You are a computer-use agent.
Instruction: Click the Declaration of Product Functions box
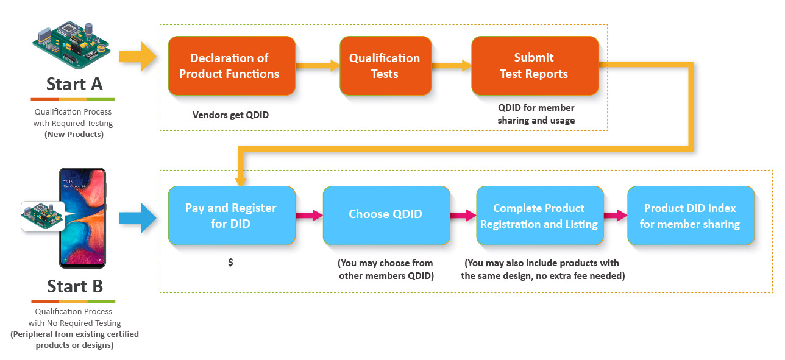point(232,66)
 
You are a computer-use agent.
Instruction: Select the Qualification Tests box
point(385,66)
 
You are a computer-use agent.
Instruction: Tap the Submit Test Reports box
point(535,66)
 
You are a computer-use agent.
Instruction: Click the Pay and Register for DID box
point(232,216)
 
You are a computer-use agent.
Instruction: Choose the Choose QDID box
point(386,216)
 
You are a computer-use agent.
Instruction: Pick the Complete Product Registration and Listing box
point(540,216)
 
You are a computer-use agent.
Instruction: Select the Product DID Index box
point(691,216)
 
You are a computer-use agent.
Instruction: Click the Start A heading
point(74,84)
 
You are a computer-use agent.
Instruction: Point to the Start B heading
point(75,286)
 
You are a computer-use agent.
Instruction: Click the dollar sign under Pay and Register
point(230,262)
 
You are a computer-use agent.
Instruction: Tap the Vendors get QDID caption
point(230,115)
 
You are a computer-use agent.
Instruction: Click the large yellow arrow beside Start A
point(138,57)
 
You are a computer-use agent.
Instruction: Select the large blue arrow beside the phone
point(138,218)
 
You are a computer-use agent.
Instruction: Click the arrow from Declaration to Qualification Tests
point(318,65)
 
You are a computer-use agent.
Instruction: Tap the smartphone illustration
point(82,218)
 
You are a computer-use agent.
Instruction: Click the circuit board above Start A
point(71,44)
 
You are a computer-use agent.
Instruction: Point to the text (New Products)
point(74,135)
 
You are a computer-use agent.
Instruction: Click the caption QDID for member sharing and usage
point(536,114)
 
